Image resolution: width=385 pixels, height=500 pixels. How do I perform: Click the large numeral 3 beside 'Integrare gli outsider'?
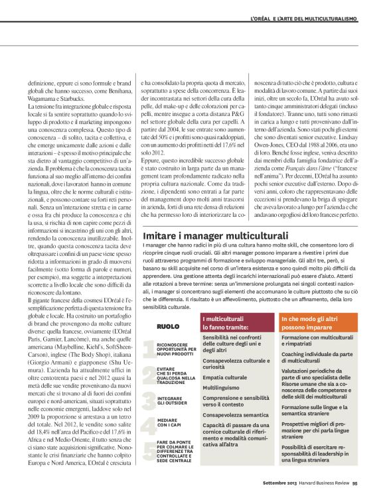tap(150, 399)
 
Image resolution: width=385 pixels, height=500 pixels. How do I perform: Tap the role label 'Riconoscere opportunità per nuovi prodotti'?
tap(177, 348)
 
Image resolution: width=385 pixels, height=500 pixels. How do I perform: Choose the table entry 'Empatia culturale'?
tap(224, 377)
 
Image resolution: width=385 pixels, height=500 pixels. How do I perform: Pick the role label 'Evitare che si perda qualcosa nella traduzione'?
tap(176, 373)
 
